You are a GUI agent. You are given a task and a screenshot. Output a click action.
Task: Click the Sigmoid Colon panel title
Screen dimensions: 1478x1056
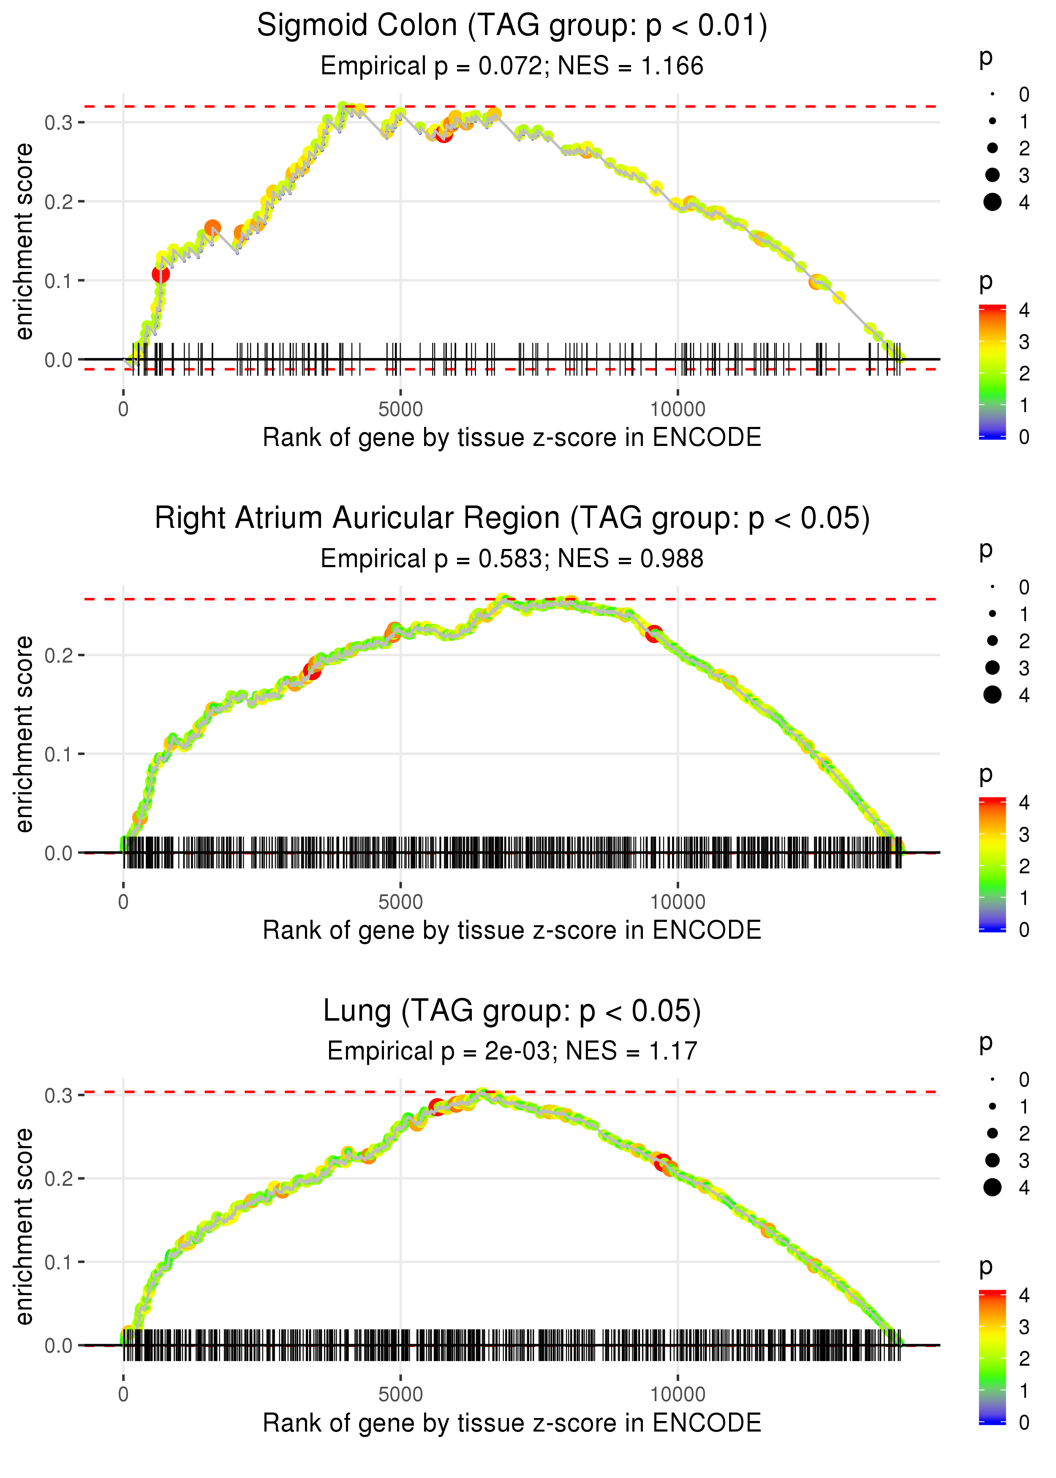click(512, 26)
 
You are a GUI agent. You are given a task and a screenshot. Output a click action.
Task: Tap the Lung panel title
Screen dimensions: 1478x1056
click(512, 1011)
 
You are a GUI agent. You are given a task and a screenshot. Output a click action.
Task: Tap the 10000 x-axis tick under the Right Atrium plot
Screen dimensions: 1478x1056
click(678, 902)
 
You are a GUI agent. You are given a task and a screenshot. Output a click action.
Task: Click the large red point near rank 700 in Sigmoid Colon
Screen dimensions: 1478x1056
click(161, 274)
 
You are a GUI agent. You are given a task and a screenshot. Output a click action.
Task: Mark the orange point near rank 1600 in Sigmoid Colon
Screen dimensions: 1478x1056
click(212, 228)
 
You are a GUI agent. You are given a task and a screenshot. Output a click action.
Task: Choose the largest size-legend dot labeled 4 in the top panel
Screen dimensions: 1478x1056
click(992, 202)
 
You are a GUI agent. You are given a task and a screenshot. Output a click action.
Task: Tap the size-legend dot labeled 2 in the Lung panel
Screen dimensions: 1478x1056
click(992, 1133)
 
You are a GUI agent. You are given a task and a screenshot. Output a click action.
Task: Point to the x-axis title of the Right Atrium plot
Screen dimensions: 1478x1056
click(512, 930)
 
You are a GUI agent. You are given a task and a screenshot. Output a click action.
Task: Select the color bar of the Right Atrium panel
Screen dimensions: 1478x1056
click(992, 864)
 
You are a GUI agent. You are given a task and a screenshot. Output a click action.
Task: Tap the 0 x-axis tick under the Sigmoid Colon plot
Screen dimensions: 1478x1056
click(123, 410)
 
